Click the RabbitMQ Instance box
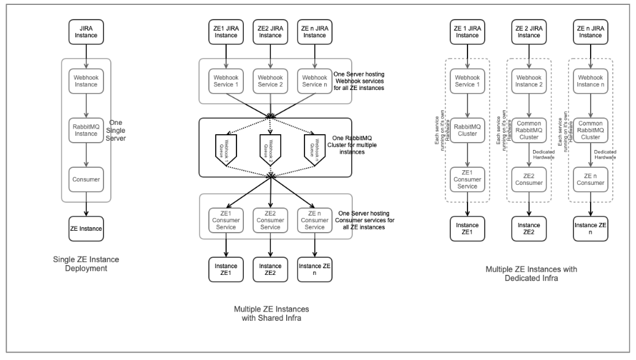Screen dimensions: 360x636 click(x=86, y=129)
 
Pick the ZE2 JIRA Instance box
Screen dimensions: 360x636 click(x=271, y=32)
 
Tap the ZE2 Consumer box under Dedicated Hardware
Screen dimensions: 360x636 click(x=528, y=178)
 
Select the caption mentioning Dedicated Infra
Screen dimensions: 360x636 click(x=531, y=274)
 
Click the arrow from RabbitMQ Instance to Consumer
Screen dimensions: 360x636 click(x=86, y=155)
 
